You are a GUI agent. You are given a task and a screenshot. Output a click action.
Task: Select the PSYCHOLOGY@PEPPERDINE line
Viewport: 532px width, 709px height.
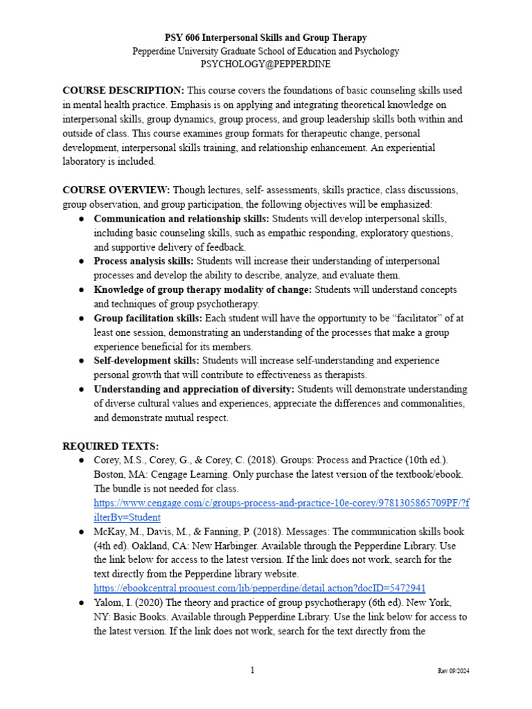pyautogui.click(x=265, y=64)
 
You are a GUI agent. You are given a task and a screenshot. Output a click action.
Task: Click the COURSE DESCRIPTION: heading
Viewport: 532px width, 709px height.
pyautogui.click(x=123, y=91)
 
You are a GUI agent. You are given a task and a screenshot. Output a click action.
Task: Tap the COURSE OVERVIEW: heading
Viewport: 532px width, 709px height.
pyautogui.click(x=116, y=190)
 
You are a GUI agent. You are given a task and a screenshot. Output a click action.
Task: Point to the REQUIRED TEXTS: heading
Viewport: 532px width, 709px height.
pyautogui.click(x=110, y=447)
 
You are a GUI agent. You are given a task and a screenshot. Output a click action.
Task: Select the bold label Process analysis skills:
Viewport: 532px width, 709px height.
pyautogui.click(x=144, y=261)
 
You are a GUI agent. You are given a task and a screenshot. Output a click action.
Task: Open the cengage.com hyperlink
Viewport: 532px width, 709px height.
pyautogui.click(x=281, y=503)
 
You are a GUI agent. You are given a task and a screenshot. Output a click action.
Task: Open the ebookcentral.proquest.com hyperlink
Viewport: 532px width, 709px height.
pyautogui.click(x=264, y=588)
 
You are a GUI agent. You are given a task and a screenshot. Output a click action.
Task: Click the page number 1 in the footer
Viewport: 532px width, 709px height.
pyautogui.click(x=253, y=670)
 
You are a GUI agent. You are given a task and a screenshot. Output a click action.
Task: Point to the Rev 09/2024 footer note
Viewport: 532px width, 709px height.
pyautogui.click(x=454, y=672)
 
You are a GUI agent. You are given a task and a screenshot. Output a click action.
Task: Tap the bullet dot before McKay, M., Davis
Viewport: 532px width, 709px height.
pyautogui.click(x=81, y=532)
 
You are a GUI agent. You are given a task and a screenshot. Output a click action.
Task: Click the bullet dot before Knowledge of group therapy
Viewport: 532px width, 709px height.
pyautogui.click(x=81, y=289)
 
